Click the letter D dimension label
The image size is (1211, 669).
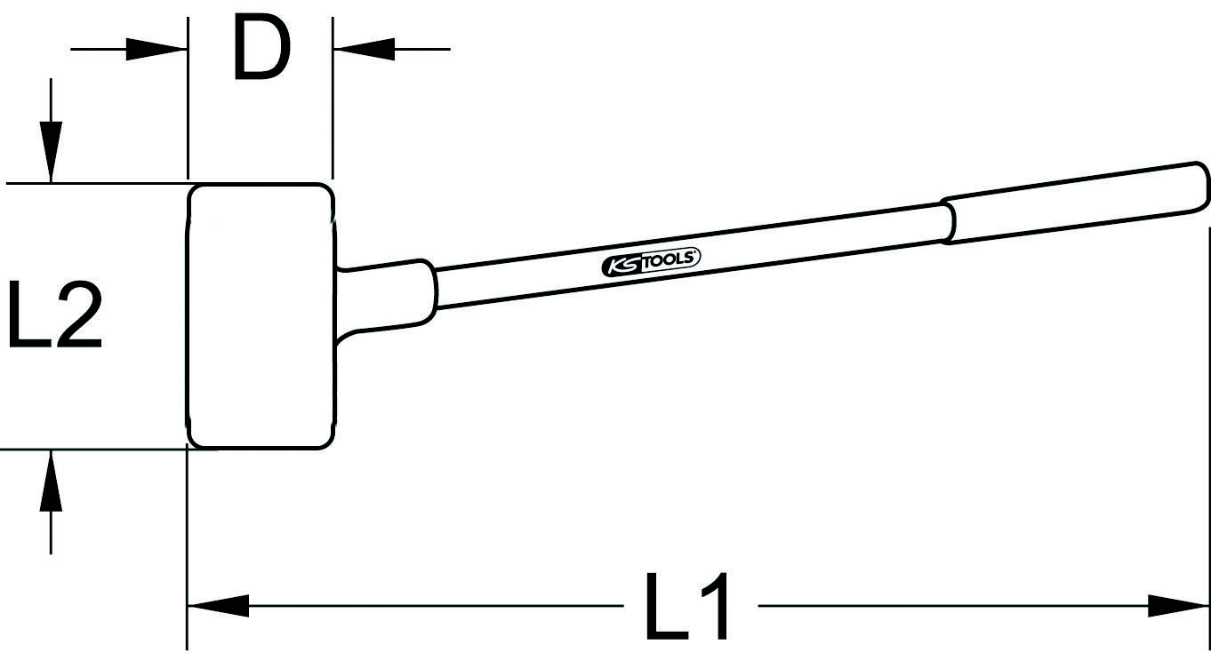coord(261,50)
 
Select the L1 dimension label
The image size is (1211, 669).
coord(688,607)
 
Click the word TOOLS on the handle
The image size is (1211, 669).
coord(670,260)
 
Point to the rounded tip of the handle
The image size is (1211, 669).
coord(1202,185)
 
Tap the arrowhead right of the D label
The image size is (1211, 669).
coord(362,49)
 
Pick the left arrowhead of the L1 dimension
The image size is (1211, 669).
coord(218,607)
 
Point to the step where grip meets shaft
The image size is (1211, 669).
coord(946,222)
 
